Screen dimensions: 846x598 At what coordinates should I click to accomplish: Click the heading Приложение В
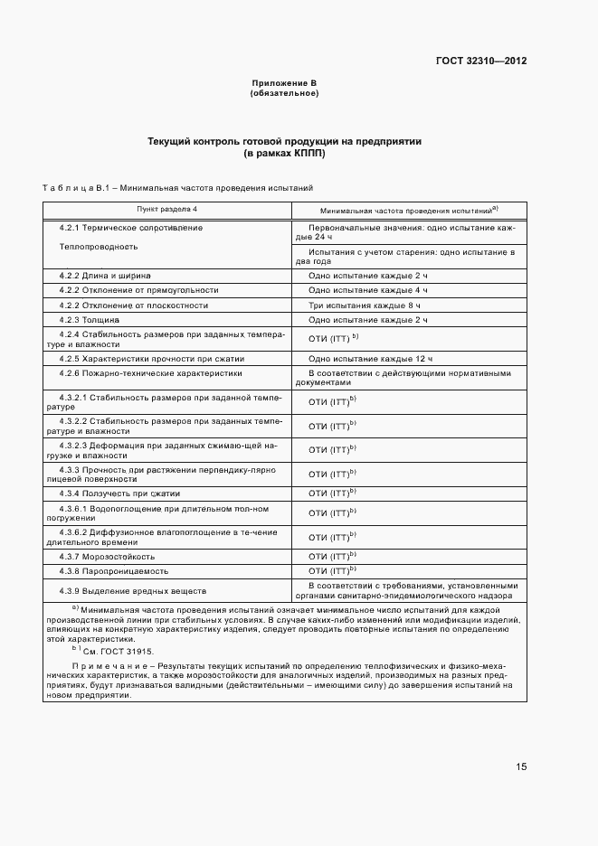284,84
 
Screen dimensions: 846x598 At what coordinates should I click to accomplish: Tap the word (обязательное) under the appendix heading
284,93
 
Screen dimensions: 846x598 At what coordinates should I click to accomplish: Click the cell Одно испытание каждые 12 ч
370,359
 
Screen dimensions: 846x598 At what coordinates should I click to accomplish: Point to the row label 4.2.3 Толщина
90,320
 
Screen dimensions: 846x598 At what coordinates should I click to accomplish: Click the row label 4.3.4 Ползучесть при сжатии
119,493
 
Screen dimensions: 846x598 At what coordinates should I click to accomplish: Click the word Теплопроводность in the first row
99,246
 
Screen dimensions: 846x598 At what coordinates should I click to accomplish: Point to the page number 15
521,767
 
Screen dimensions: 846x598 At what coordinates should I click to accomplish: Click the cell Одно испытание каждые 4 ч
367,290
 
